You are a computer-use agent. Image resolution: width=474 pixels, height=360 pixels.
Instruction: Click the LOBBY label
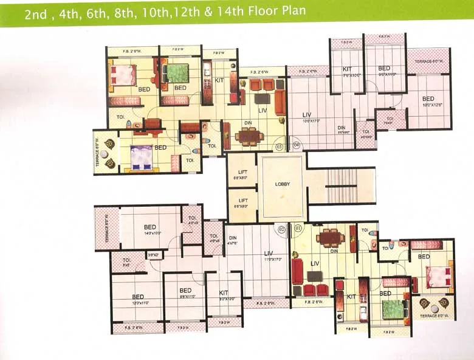(x=281, y=184)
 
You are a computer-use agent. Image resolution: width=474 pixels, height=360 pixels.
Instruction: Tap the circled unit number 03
(x=279, y=146)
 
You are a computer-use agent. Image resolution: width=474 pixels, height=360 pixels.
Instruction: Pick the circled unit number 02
(x=281, y=229)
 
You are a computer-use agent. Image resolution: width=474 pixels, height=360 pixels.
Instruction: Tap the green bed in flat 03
(x=177, y=74)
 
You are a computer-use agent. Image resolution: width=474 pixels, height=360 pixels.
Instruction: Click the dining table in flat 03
(x=247, y=136)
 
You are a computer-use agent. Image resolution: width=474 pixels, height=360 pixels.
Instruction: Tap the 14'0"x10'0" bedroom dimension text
(x=150, y=233)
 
